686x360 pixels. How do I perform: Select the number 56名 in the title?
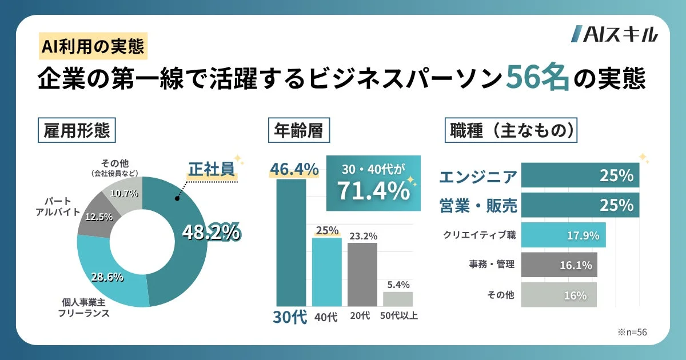[x=537, y=79]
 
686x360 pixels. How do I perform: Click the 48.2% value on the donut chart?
[x=210, y=231]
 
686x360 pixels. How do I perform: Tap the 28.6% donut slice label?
[x=107, y=277]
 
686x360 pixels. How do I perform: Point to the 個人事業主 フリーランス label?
[x=85, y=307]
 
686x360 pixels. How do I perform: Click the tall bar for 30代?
[x=291, y=243]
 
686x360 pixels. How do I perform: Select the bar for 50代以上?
[x=398, y=299]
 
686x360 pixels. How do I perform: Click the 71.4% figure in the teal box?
[x=373, y=190]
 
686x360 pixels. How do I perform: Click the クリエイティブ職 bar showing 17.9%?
[x=563, y=235]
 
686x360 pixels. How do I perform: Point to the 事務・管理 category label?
[x=492, y=264]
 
